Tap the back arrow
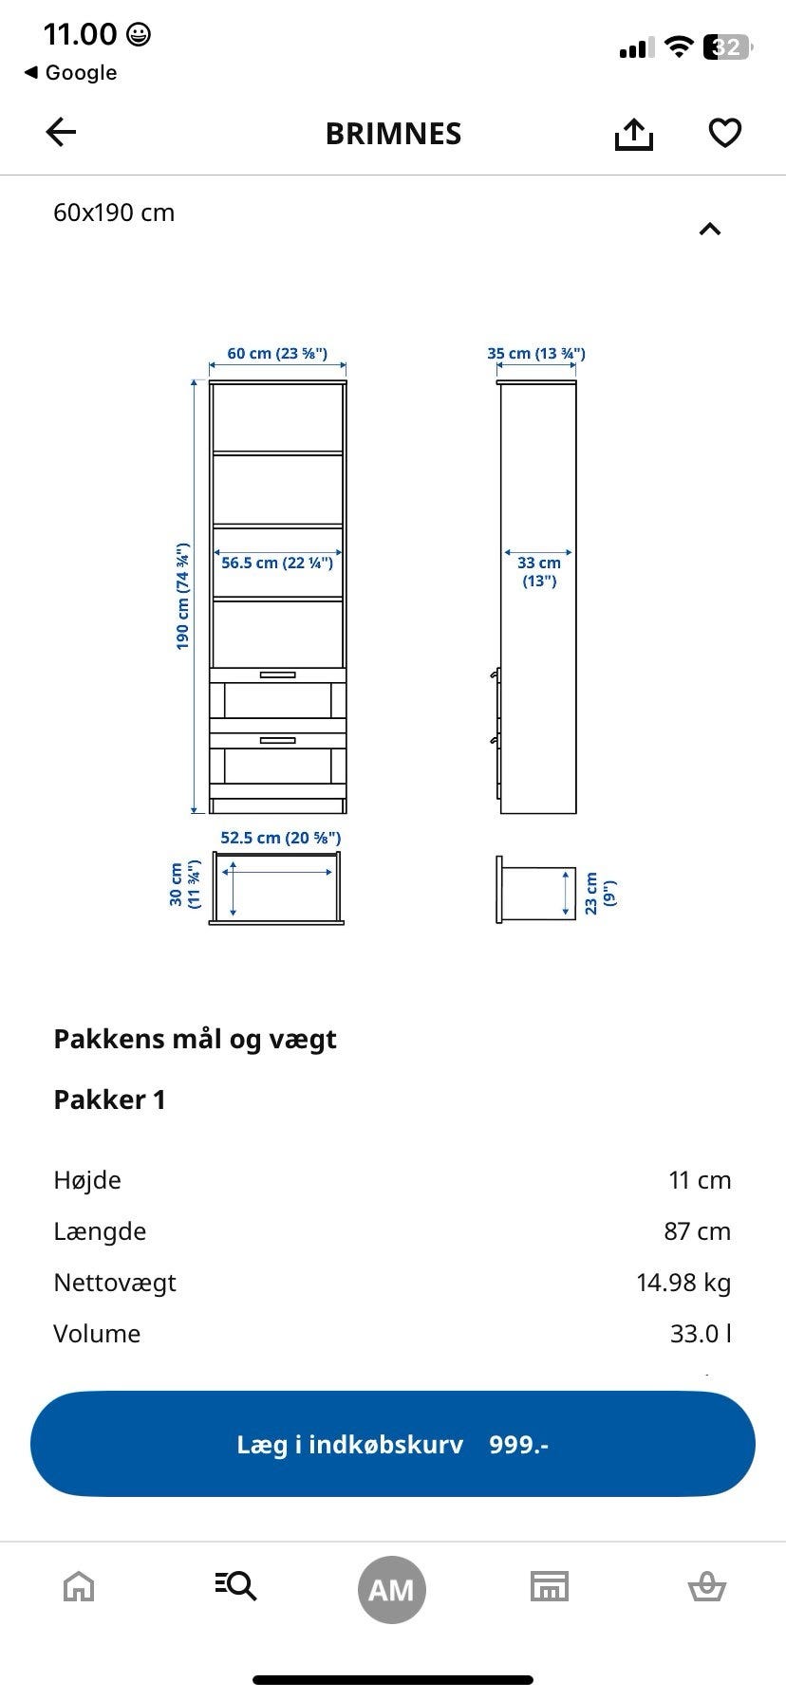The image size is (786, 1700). coord(61,133)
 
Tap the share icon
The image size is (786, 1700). coord(633,134)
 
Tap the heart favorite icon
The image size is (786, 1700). coord(725,133)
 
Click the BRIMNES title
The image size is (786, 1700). coord(393,134)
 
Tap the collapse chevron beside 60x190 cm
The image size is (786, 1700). coord(710,229)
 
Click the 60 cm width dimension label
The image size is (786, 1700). coord(277,354)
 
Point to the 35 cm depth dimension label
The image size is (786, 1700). coord(536,354)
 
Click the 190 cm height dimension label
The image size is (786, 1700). coord(183,596)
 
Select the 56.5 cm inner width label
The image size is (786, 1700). coord(277,563)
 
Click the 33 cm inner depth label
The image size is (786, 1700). coord(538,571)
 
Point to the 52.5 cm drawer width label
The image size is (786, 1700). coord(280,838)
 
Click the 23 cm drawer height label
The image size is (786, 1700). coord(599,892)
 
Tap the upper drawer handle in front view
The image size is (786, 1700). coord(277,674)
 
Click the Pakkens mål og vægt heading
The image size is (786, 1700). coord(195,1039)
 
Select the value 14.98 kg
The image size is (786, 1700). coord(683,1283)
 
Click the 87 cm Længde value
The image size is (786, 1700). coord(697,1231)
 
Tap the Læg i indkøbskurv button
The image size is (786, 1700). coord(393,1444)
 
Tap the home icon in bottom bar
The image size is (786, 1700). coord(79,1586)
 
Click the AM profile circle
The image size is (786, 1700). coord(392,1589)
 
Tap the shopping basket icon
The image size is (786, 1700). coord(706,1586)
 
